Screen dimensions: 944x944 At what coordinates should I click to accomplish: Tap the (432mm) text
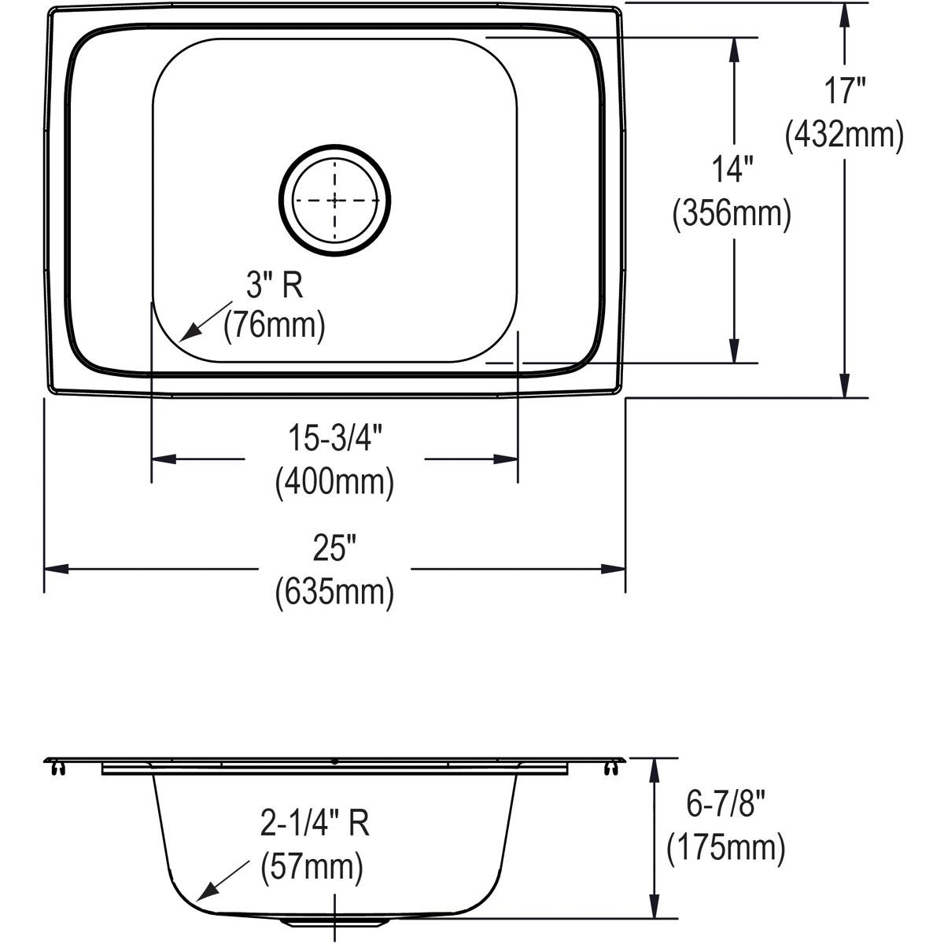[x=843, y=135]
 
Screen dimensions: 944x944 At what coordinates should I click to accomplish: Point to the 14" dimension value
[x=732, y=168]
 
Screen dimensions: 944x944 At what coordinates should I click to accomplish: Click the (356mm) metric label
[x=732, y=213]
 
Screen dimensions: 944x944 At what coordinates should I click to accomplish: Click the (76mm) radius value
[x=274, y=325]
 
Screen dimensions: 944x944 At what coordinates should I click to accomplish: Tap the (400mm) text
[x=334, y=481]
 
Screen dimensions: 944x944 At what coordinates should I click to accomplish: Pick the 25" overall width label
[x=334, y=550]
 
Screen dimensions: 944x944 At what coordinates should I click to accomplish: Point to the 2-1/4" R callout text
[x=315, y=824]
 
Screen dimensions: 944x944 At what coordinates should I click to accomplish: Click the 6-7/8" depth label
[x=725, y=805]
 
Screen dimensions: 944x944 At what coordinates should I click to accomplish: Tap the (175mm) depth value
[x=725, y=848]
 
